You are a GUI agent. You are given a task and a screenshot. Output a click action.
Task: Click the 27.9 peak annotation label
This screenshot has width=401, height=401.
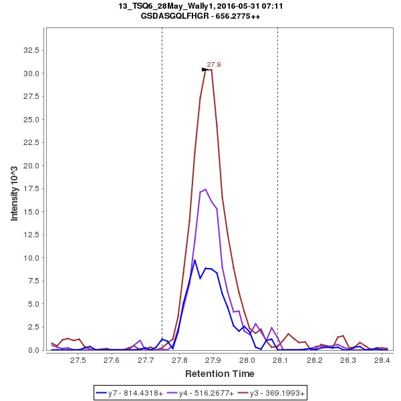(214, 65)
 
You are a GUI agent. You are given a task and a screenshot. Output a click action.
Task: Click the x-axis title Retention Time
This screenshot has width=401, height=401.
(219, 373)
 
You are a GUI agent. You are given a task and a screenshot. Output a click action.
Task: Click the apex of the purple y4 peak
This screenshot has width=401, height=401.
(206, 189)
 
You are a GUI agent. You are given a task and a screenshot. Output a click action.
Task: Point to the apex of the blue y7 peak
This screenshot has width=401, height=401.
(194, 260)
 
